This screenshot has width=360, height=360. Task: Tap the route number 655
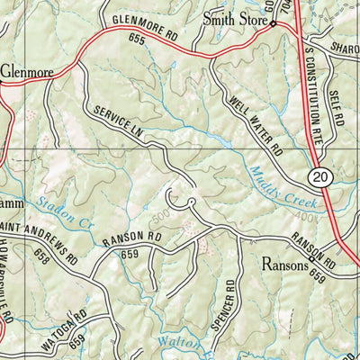(x=137, y=40)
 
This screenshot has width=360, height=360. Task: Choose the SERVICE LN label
(x=118, y=124)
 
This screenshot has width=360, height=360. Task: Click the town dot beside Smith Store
(x=274, y=25)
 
